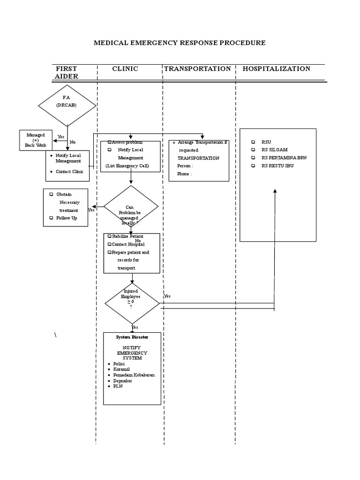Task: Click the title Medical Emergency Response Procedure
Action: coord(180,43)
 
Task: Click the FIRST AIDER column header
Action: coord(66,72)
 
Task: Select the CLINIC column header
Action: coord(125,69)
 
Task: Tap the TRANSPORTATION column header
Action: coord(197,69)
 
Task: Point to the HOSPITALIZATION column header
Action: coord(276,69)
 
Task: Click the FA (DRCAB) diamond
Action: coord(67,105)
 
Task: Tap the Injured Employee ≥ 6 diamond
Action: coord(132,303)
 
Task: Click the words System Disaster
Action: coord(132,337)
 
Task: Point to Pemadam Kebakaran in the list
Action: coord(134,375)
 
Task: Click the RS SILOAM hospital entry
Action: coord(275,150)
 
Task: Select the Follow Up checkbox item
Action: coord(67,218)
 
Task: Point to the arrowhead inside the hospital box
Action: coord(275,191)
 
